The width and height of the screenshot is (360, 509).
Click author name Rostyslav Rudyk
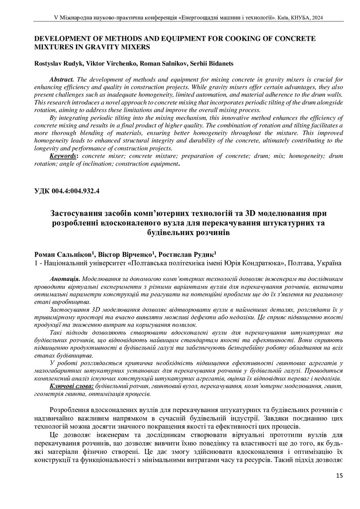pyautogui.click(x=57, y=63)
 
